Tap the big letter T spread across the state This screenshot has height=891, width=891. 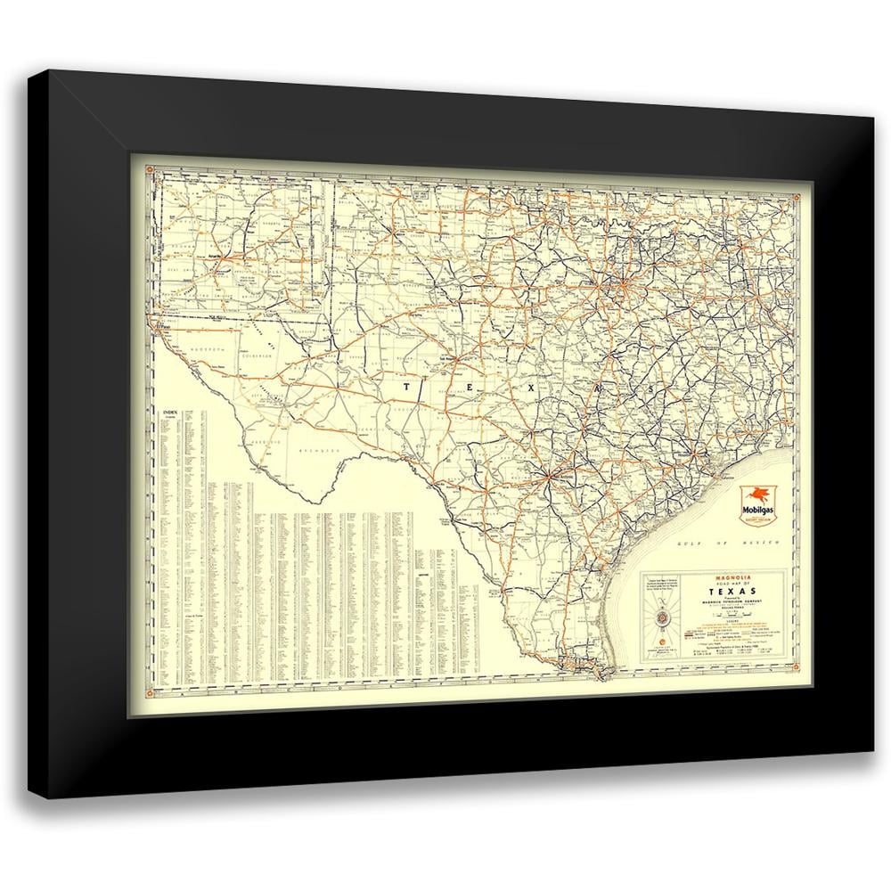point(407,387)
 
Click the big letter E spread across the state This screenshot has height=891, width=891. point(469,388)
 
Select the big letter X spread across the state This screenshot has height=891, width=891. point(533,389)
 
